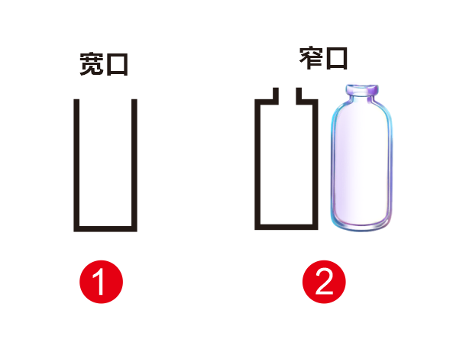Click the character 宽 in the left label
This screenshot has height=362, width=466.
(x=92, y=65)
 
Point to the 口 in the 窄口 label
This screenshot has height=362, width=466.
(x=336, y=57)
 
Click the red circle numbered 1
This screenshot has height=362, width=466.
(x=101, y=283)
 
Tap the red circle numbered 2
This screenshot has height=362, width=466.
(x=324, y=283)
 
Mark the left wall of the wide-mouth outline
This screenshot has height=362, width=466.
(x=76, y=164)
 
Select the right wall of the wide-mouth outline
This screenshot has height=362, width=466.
(x=134, y=164)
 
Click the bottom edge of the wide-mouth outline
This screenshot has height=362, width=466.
(x=105, y=228)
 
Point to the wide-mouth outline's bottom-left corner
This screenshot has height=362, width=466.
(x=76, y=228)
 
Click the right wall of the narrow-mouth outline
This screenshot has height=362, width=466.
(x=314, y=164)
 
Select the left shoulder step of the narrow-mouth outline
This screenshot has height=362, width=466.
(x=266, y=100)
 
